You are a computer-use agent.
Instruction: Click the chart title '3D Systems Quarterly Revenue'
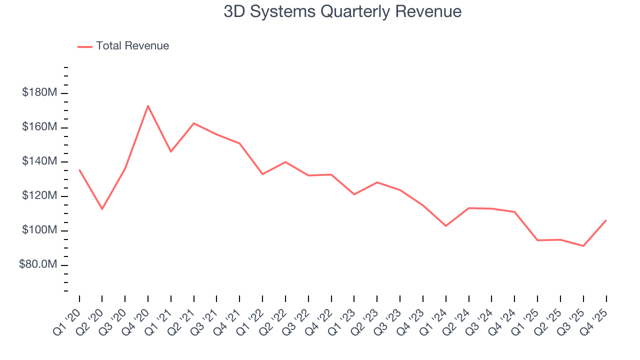pos(342,12)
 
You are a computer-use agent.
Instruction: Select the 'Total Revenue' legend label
pos(132,46)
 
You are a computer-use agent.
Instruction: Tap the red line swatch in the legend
pos(85,46)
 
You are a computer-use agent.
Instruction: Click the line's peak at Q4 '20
pos(148,105)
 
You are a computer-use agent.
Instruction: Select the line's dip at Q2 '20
pos(102,209)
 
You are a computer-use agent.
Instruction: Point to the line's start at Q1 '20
pos(79,170)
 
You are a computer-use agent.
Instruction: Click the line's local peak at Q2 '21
pos(193,123)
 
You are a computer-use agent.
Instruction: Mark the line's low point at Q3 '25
pos(583,246)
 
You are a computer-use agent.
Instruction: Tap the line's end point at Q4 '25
pos(606,220)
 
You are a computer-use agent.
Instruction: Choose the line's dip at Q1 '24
pos(445,226)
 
